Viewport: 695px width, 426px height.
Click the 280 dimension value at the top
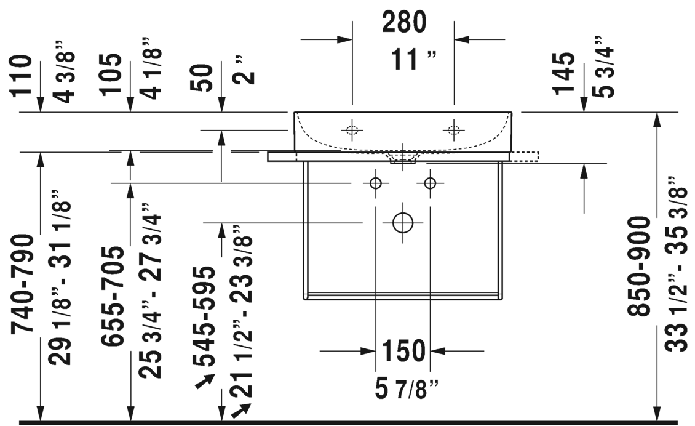click(x=404, y=22)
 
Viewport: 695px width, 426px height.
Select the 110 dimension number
click(x=22, y=75)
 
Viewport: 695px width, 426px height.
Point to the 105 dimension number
click(x=111, y=74)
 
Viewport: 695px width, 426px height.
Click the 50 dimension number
click(x=202, y=78)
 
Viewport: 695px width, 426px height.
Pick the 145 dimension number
click(x=564, y=73)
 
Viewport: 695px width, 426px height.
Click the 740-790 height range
click(x=22, y=283)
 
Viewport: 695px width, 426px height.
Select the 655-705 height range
click(x=112, y=295)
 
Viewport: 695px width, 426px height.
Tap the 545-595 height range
click(x=204, y=316)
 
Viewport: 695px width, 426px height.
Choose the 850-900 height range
click(x=638, y=266)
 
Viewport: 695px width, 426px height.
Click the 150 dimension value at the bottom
click(x=403, y=350)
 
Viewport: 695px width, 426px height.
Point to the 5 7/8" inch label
click(x=407, y=390)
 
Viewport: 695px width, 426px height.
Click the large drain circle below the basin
click(x=403, y=223)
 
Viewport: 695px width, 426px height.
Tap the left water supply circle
click(x=375, y=183)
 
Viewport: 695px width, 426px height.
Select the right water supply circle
click(x=430, y=183)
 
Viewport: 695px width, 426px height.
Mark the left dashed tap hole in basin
click(x=352, y=130)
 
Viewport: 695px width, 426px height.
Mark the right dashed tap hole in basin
click(x=454, y=130)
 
